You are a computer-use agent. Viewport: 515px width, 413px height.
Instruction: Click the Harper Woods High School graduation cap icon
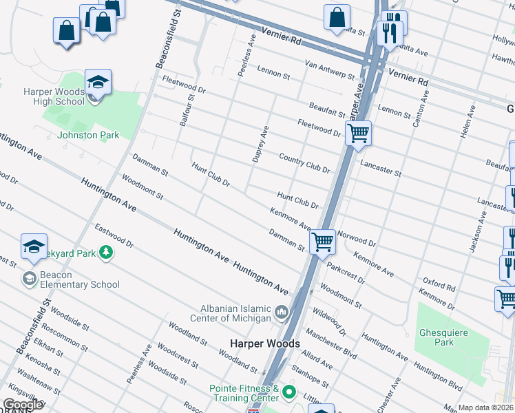click(x=98, y=83)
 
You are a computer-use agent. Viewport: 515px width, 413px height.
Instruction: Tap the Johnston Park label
click(x=88, y=135)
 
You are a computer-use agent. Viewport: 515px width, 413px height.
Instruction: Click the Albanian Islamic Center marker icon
click(x=282, y=314)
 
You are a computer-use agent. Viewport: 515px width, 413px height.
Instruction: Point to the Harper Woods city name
click(x=264, y=343)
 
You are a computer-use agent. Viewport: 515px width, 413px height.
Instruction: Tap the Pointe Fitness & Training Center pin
click(x=289, y=394)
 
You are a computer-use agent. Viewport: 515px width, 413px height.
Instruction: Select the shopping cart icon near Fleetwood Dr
click(x=358, y=133)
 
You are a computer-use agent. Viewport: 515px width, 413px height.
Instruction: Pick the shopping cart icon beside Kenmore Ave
click(x=322, y=242)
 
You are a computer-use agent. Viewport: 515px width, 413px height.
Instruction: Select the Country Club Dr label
click(x=305, y=163)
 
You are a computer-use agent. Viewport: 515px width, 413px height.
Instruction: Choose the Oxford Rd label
click(x=439, y=284)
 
